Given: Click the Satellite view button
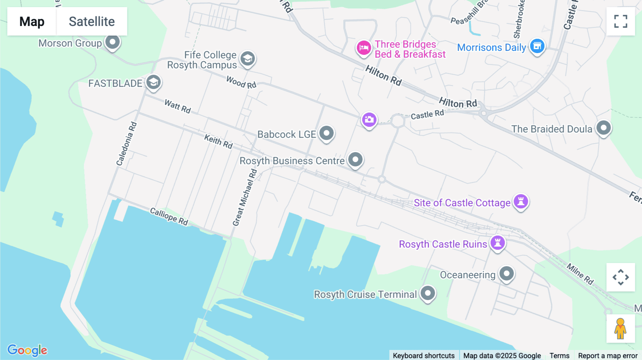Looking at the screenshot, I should (x=92, y=21).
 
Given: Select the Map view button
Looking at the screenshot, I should (x=32, y=21).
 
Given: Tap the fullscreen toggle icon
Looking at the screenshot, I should (x=621, y=21).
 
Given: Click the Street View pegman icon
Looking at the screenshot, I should (x=621, y=329).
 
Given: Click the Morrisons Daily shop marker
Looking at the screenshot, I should (x=537, y=46).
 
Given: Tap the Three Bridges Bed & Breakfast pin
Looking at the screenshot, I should (x=363, y=47).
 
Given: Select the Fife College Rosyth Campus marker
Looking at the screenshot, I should (x=248, y=58).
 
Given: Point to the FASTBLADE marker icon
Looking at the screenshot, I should (x=153, y=82).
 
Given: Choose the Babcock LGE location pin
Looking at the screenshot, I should (x=326, y=133).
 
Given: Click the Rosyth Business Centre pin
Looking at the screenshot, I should (x=355, y=159).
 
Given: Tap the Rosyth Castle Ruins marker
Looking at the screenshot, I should (x=498, y=243).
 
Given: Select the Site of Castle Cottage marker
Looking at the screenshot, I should (x=521, y=201).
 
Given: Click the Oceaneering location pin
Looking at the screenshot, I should (x=506, y=274).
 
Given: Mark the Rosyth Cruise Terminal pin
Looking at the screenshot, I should (x=428, y=293).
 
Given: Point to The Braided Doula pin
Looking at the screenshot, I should (x=603, y=128).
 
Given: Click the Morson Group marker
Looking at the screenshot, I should (x=113, y=42).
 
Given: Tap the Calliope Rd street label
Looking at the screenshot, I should (x=169, y=216).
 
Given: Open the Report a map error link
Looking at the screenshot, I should (x=608, y=355).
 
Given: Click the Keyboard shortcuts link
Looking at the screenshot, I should (x=424, y=355).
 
